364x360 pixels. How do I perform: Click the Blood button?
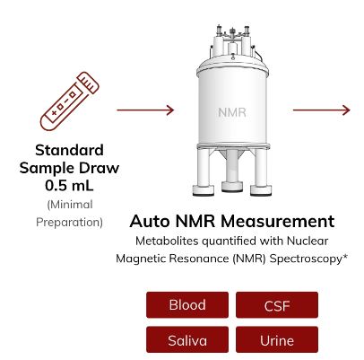point(187,304)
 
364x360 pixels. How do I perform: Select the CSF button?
point(277,304)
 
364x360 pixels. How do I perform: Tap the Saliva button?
point(187,339)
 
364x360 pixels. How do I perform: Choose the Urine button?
point(277,339)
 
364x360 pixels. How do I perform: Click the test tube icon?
point(70,101)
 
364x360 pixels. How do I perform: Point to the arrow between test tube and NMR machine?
point(145,110)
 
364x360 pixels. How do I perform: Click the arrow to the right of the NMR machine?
point(321,110)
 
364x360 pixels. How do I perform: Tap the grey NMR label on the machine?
point(232,112)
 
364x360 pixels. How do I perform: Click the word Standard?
point(69,150)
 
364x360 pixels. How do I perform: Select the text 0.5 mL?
point(69,185)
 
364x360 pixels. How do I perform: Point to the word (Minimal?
point(70,205)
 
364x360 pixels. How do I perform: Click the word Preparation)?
point(69,223)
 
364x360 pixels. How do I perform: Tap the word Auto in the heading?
point(150,221)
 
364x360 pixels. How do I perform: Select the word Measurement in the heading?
point(278,221)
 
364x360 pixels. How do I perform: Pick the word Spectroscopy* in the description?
point(308,259)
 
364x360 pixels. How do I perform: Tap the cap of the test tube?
point(88,83)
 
